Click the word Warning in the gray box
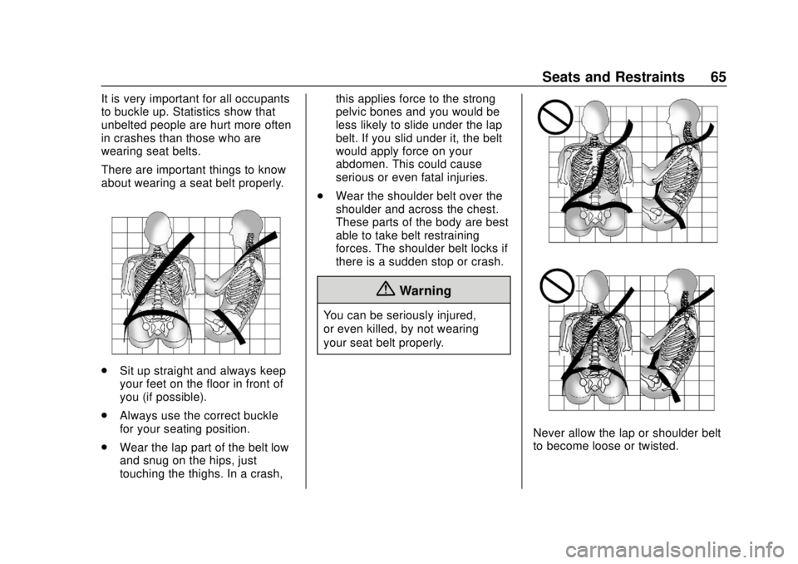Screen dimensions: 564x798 424,291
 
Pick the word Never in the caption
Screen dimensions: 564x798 549,433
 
